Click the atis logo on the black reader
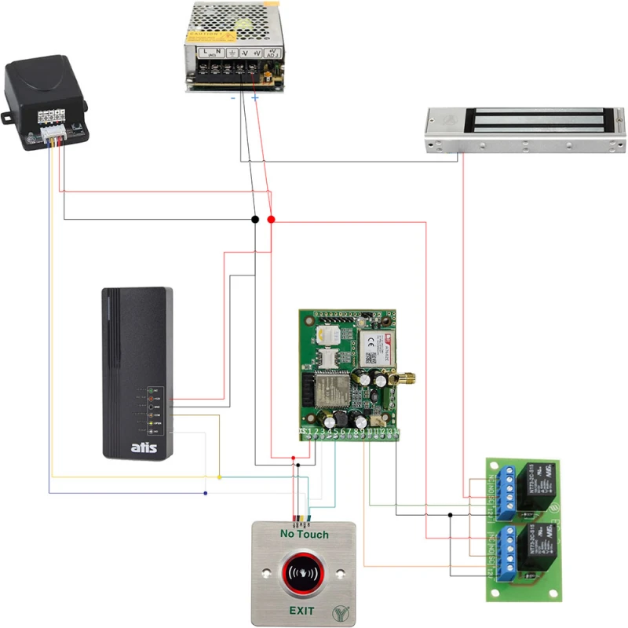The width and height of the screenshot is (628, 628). point(143,447)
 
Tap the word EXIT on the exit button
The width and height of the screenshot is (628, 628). point(301,610)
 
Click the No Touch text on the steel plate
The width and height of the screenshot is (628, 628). point(304,535)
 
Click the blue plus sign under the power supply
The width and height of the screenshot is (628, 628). point(254,98)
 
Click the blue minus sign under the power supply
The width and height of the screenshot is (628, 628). point(232,98)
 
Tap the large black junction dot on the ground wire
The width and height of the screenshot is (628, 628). point(255,219)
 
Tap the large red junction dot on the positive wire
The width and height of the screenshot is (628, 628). point(271,219)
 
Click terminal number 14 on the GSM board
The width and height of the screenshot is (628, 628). point(396,432)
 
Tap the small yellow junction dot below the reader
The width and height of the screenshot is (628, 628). point(219,476)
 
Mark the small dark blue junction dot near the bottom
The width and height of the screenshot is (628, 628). point(205,493)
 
